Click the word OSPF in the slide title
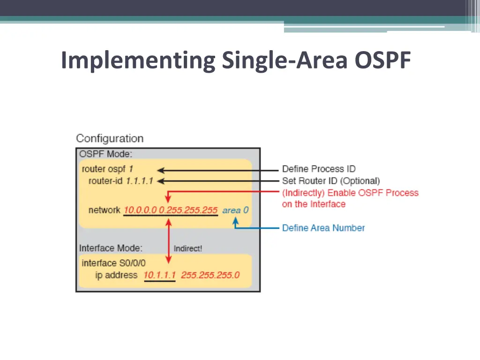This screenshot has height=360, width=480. [x=383, y=60]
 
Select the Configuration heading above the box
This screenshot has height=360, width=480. [x=110, y=139]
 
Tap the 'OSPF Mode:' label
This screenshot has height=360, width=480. [x=105, y=154]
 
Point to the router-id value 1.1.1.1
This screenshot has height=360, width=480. [x=139, y=181]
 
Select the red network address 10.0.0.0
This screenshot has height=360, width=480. [x=140, y=210]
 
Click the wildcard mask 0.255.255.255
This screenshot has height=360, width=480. [x=188, y=210]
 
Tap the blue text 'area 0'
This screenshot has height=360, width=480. [x=235, y=210]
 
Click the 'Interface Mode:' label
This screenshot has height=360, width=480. [x=111, y=248]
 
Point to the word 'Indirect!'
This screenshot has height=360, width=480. [x=188, y=248]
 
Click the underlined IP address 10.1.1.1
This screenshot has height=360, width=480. [x=159, y=275]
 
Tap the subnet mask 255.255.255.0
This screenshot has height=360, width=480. [x=210, y=275]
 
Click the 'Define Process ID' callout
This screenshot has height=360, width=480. [x=319, y=169]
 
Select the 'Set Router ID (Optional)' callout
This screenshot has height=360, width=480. [x=331, y=181]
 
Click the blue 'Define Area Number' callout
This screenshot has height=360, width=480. [x=323, y=228]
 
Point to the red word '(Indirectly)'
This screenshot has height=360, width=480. [x=303, y=193]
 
